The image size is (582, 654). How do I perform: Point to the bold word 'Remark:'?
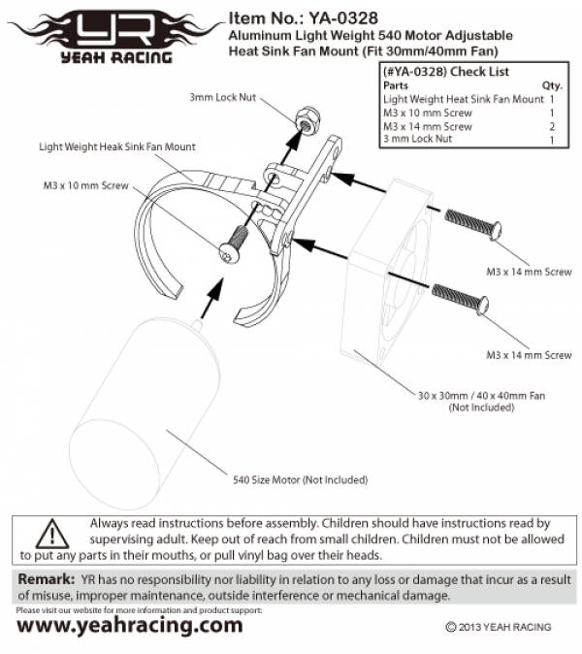coord(45,579)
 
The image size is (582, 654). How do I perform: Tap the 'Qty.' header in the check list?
coord(552,85)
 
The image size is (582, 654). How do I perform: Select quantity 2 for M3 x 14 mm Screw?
coord(551,126)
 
